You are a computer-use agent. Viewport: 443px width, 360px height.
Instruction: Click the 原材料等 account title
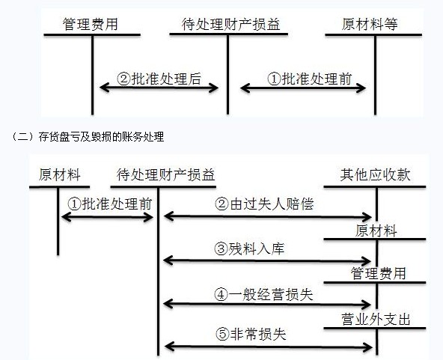[x=370, y=24]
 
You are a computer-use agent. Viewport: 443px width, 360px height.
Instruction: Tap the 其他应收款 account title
[x=375, y=174]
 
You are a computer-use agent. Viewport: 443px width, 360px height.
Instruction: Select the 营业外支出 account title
[x=376, y=320]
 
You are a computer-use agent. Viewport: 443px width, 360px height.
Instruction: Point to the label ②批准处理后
[x=159, y=79]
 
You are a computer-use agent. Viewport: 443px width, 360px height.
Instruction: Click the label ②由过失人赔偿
[x=264, y=204]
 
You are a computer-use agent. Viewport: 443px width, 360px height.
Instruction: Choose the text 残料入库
[x=256, y=249]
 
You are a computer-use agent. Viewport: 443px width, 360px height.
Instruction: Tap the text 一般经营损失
[x=271, y=295]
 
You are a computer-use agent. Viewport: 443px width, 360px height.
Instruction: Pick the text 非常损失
[x=258, y=335]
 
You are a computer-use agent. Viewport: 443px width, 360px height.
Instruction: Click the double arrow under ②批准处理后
[x=159, y=88]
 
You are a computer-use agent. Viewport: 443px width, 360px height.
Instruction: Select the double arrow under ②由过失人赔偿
[x=268, y=217]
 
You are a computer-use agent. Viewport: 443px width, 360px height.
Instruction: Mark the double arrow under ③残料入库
[x=267, y=260]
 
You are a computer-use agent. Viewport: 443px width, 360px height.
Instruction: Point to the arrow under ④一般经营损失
[x=267, y=305]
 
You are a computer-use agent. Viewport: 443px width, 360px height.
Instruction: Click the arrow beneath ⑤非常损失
[x=268, y=347]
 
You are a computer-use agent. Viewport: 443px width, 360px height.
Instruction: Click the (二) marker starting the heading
[x=22, y=137]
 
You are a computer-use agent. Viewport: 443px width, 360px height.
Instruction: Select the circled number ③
[x=221, y=249]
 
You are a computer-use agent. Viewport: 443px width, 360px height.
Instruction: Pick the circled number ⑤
[x=223, y=335]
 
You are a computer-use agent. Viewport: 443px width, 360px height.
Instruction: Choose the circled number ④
[x=221, y=295]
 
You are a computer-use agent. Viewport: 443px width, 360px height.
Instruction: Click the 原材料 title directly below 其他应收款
[x=376, y=231]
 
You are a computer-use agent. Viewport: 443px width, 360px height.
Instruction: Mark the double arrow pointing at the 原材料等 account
[x=303, y=88]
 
